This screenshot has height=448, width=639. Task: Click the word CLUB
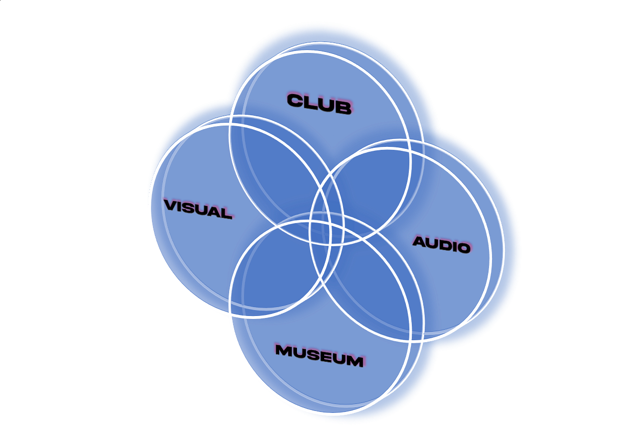tap(319, 104)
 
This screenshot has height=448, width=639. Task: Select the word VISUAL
tap(198, 209)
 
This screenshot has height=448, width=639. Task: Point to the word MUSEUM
tap(320, 356)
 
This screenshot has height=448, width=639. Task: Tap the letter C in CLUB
tap(295, 100)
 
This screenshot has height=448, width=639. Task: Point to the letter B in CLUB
tap(344, 108)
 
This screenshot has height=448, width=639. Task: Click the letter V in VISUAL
tap(171, 205)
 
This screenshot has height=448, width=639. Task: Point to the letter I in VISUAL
tap(181, 206)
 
